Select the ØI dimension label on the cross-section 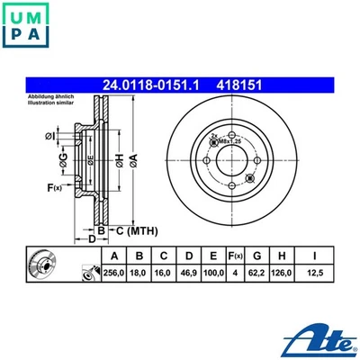49,136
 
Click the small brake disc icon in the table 40,266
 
